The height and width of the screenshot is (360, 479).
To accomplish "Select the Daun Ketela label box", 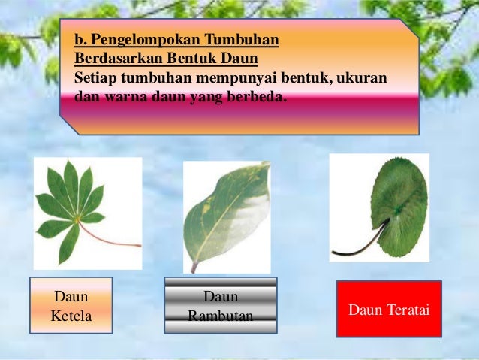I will (71, 305).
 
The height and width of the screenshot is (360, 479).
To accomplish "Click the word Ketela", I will (71, 316).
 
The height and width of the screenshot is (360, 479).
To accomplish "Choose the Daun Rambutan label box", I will (220, 306).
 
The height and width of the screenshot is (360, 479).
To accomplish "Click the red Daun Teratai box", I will (389, 309).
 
